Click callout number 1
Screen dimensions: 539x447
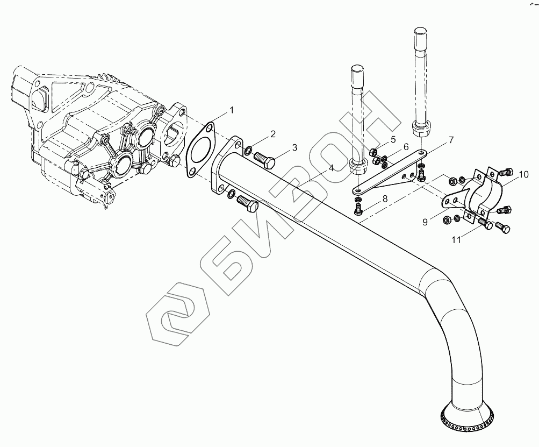[x=232, y=110]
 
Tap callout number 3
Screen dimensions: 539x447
[x=294, y=147]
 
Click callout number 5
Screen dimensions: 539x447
[x=393, y=140]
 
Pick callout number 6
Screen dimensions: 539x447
[x=406, y=147]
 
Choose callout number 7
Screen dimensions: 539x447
[x=451, y=140]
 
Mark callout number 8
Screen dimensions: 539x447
[x=384, y=199]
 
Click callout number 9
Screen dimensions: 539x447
[x=425, y=222]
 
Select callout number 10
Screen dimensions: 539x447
[x=524, y=174]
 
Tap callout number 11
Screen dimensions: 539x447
[x=456, y=240]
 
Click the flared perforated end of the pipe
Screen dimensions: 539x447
[x=465, y=420]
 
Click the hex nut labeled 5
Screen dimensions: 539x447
[x=375, y=153]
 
